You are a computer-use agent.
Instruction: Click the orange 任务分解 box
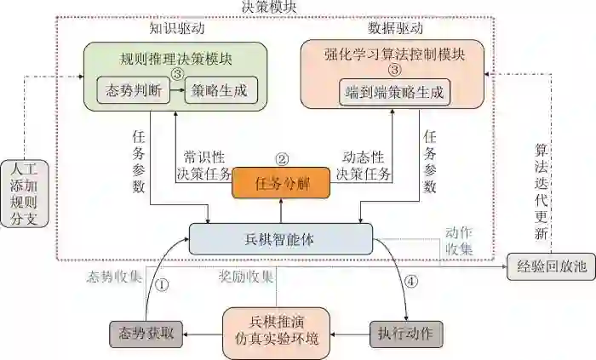280,183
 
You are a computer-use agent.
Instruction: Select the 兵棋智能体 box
282,240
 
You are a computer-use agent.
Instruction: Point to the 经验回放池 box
550,267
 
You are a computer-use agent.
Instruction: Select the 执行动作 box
405,332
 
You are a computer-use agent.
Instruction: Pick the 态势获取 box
144,332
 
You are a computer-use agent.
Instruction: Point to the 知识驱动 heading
177,28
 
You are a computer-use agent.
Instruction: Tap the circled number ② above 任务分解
282,158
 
